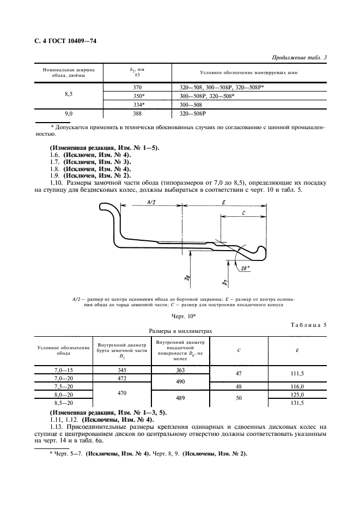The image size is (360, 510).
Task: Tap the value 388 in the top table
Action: pos(137,114)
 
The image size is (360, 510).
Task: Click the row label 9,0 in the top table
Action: pos(69,114)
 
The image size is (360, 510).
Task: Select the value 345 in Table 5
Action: pos(121,369)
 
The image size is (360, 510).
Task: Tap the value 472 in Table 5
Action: pos(121,378)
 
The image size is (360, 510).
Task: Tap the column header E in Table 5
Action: pos(296,351)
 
